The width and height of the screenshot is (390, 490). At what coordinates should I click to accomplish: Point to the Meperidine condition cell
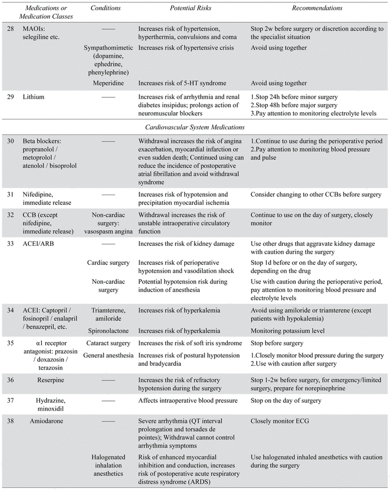coord(109,83)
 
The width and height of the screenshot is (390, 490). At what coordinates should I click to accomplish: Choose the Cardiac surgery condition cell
coord(109,262)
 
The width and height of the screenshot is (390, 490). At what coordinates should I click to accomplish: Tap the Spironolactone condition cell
coord(109,331)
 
